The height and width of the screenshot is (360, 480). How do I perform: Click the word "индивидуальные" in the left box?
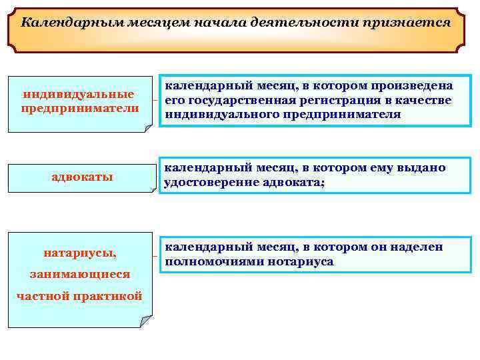coord(79,94)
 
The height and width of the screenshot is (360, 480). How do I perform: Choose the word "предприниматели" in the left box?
coord(80,108)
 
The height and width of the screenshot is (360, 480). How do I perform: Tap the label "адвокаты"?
coord(82,177)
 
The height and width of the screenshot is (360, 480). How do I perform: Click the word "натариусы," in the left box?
coord(80,253)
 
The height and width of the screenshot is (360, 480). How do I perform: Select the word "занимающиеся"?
coord(79,274)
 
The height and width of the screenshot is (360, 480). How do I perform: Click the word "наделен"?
coord(418,247)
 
